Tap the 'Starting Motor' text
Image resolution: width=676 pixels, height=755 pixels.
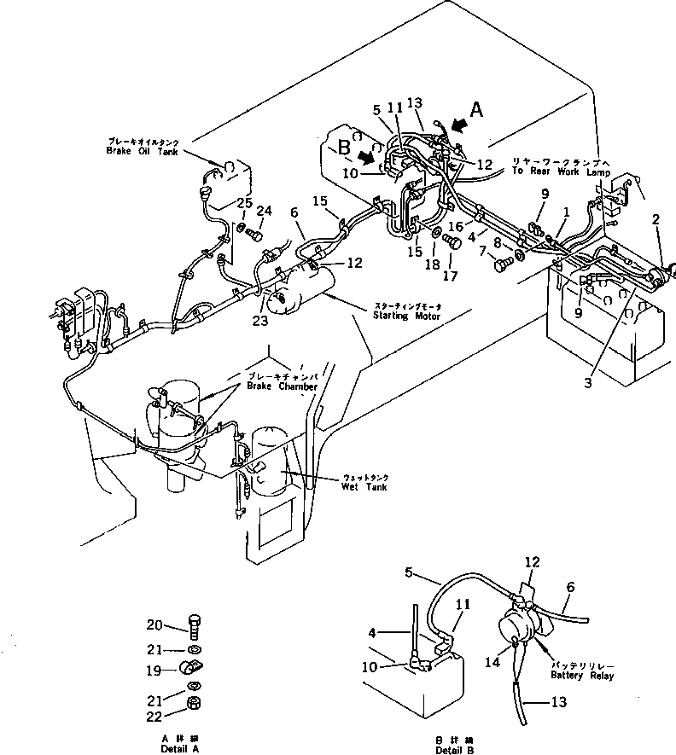click(x=405, y=316)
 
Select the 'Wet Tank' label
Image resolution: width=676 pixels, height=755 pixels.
click(x=364, y=487)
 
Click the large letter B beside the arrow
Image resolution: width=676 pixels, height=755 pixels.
click(x=343, y=147)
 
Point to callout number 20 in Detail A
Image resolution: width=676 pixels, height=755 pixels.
click(x=154, y=624)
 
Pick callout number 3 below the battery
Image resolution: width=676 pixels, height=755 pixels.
click(x=587, y=384)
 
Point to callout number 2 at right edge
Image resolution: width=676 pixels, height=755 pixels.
click(x=656, y=220)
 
